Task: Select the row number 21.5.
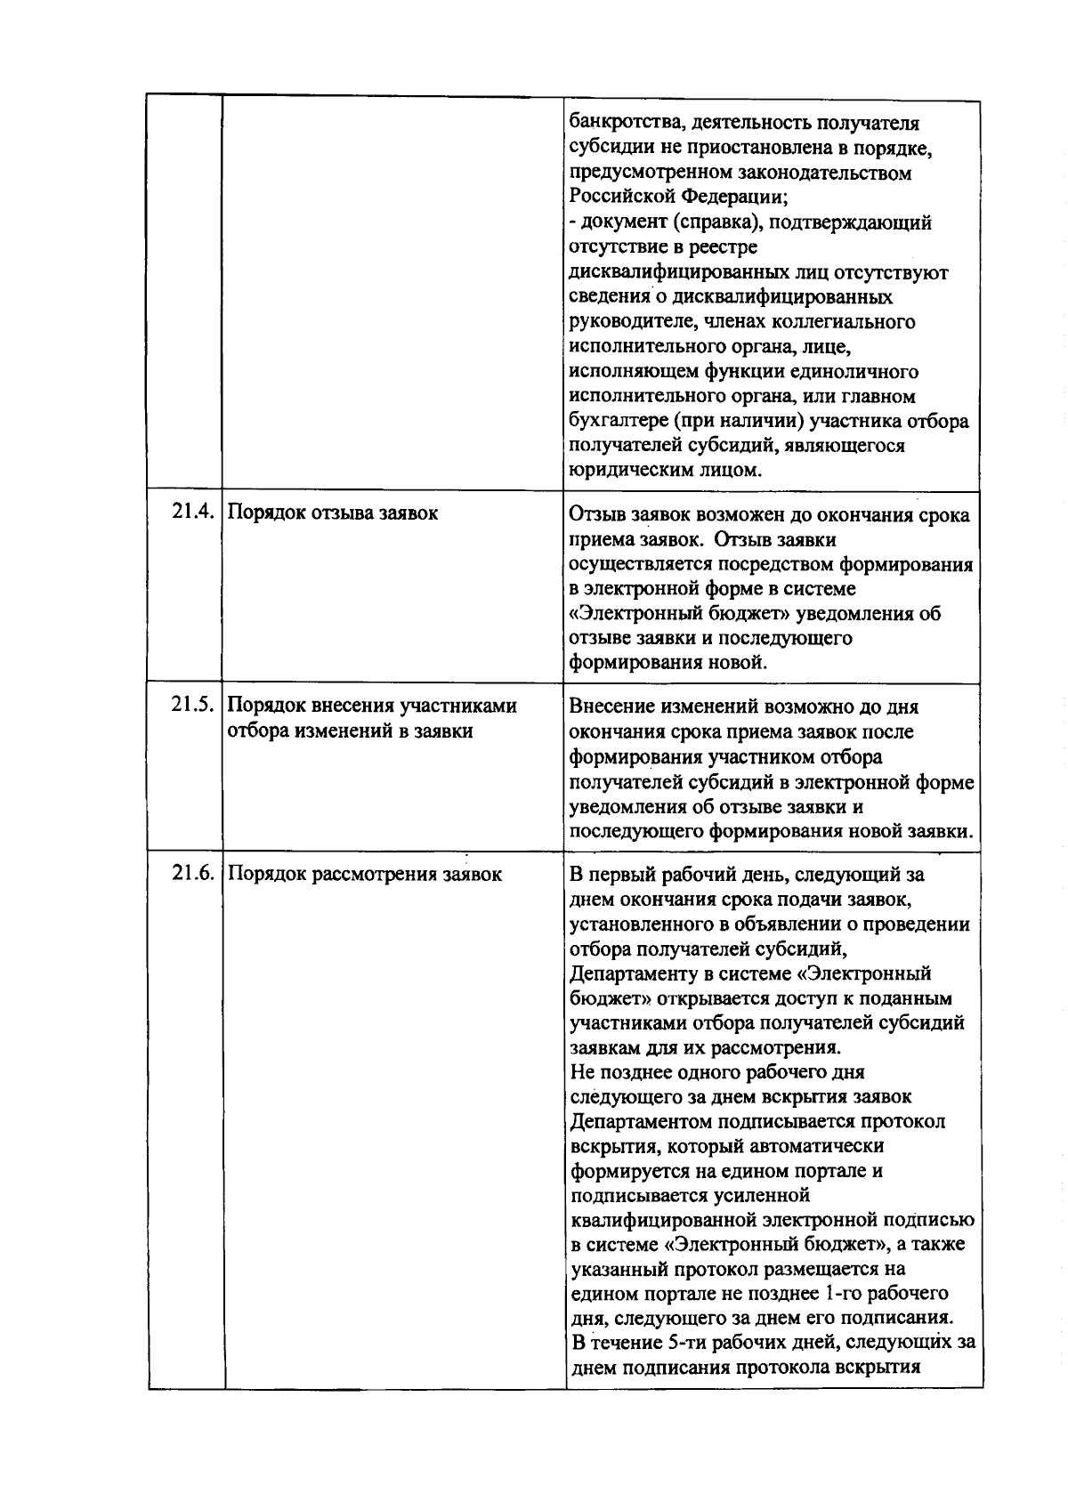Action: tap(193, 706)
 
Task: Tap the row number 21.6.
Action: tap(193, 874)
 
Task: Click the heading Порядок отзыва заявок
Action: tap(333, 513)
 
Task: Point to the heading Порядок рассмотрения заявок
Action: tap(365, 875)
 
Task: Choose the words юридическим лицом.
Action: tap(665, 470)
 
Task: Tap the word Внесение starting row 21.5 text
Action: tap(610, 707)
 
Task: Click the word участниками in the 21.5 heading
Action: tap(458, 706)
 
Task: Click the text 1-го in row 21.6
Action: tap(844, 1293)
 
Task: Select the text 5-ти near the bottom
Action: tap(682, 1342)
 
